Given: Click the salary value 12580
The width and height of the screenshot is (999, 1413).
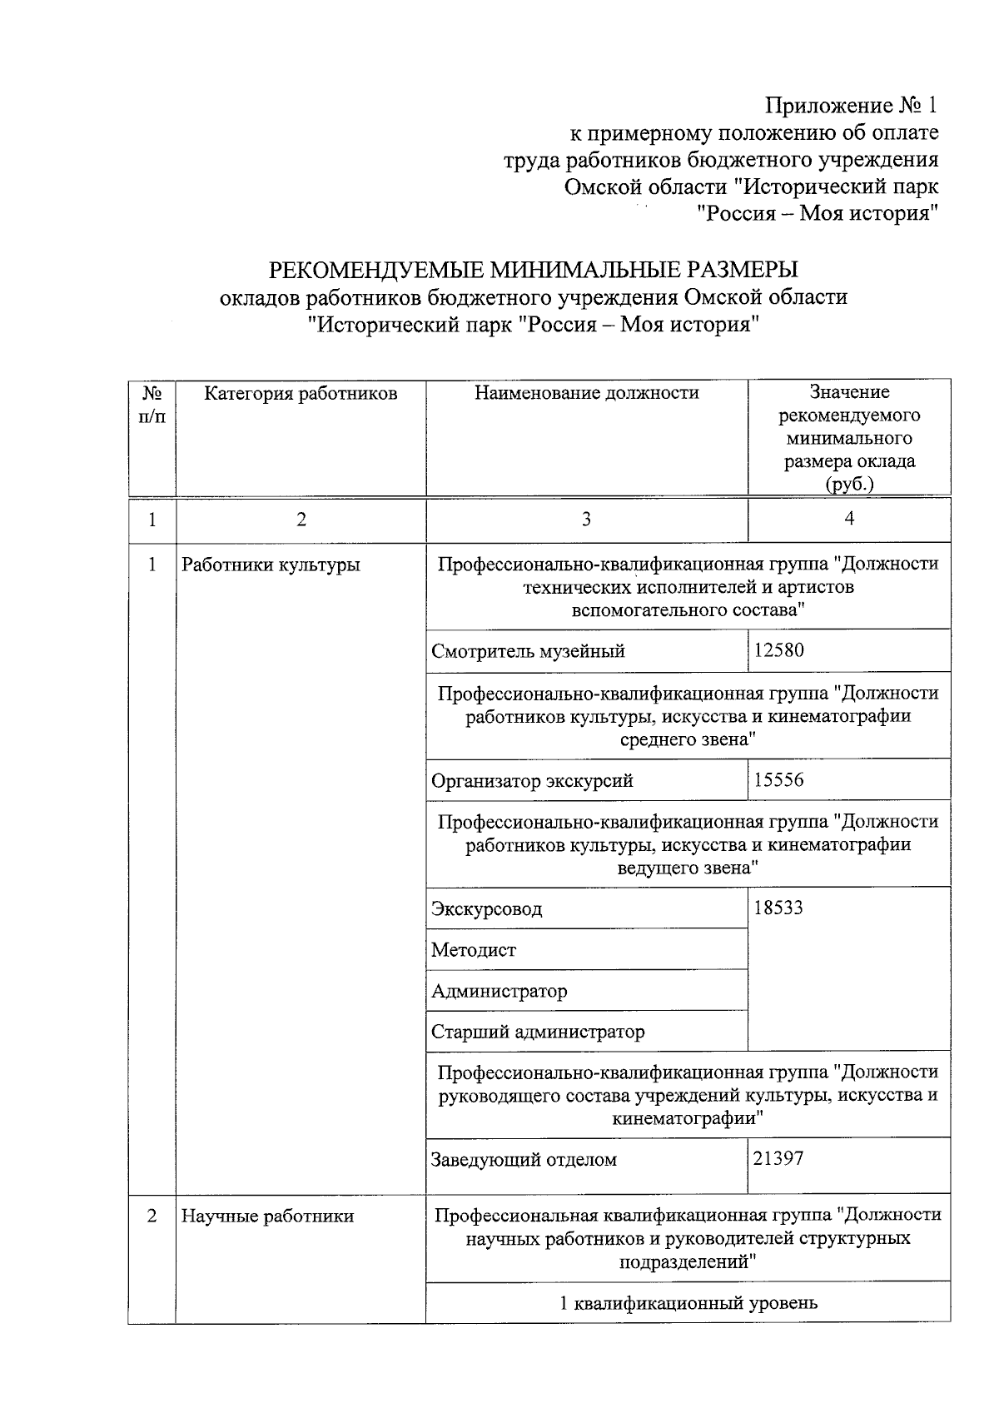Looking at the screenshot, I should pyautogui.click(x=778, y=650).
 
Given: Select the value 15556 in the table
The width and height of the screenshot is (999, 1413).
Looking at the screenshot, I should pyautogui.click(x=778, y=780).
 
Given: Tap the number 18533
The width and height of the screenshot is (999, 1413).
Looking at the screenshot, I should pyautogui.click(x=778, y=908).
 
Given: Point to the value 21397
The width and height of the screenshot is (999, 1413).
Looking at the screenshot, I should pyautogui.click(x=778, y=1158).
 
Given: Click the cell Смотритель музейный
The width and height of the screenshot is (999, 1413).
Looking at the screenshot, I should pyautogui.click(x=528, y=651).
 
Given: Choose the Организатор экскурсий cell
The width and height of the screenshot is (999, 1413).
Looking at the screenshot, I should pyautogui.click(x=532, y=781).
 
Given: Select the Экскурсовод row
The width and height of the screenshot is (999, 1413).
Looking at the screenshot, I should pyautogui.click(x=486, y=908).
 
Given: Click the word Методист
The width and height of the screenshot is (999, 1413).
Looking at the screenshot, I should pyautogui.click(x=474, y=950).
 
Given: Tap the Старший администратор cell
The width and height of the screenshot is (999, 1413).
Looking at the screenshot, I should pyautogui.click(x=538, y=1032).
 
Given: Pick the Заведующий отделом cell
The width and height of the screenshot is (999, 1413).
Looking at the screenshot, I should pyautogui.click(x=524, y=1159).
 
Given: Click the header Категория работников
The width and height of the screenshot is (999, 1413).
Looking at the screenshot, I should pyautogui.click(x=301, y=393).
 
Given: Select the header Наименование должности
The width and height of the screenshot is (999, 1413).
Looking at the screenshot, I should pyautogui.click(x=587, y=393).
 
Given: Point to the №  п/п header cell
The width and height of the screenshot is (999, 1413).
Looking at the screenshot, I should pyautogui.click(x=152, y=404).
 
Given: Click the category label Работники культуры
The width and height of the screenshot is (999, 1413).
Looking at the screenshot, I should pyautogui.click(x=271, y=565).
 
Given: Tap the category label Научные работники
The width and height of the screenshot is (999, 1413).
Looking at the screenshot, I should pyautogui.click(x=267, y=1216).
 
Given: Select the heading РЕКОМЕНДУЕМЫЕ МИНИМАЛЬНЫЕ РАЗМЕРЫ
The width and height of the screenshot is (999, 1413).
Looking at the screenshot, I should pyautogui.click(x=533, y=270).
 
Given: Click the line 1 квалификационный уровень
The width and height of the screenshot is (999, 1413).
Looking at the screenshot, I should pyautogui.click(x=688, y=1303).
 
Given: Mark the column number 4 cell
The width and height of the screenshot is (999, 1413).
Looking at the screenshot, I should pyautogui.click(x=849, y=519).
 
